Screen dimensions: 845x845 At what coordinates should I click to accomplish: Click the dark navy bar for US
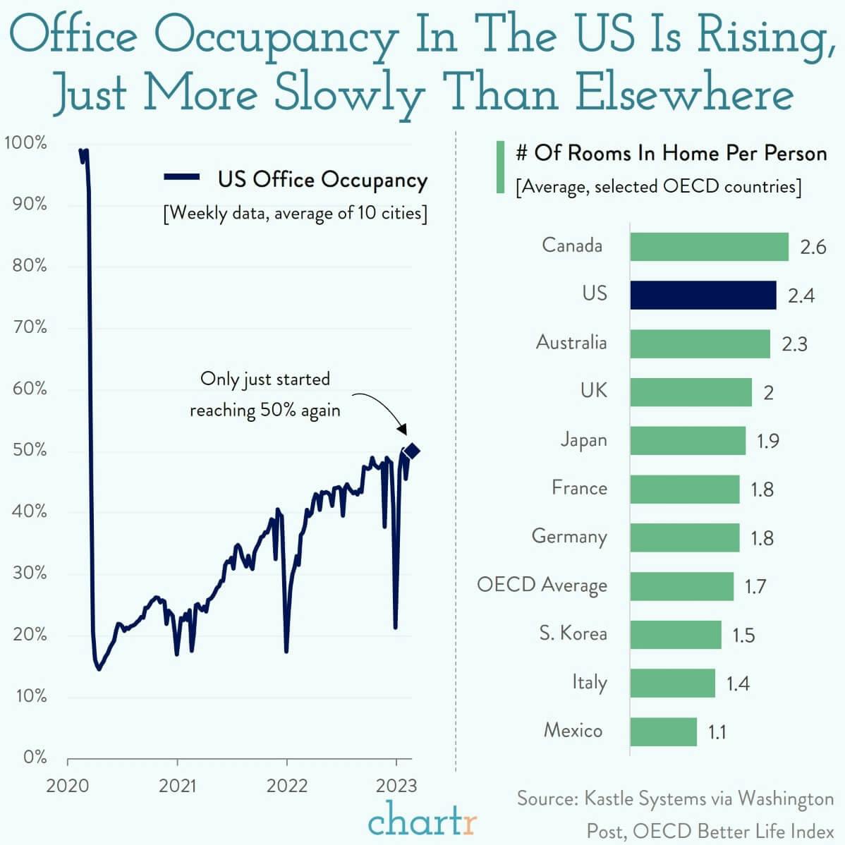(x=703, y=295)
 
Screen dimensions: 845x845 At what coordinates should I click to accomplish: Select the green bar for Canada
(x=709, y=247)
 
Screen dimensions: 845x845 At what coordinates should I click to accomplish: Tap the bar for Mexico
(x=663, y=731)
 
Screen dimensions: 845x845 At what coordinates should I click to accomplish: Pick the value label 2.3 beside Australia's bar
(x=794, y=344)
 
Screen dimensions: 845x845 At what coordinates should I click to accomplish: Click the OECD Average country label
(x=542, y=585)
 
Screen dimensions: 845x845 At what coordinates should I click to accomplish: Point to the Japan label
(x=583, y=440)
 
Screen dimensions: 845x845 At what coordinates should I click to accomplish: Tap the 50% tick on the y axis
(x=30, y=450)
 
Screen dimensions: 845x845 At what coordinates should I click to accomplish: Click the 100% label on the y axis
(x=26, y=143)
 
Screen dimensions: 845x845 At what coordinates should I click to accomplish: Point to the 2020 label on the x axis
(x=68, y=785)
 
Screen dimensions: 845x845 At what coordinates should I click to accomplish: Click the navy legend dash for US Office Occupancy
(x=182, y=178)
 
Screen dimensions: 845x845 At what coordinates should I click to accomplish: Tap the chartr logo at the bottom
(x=422, y=820)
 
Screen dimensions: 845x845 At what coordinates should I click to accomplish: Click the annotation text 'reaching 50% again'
(x=265, y=411)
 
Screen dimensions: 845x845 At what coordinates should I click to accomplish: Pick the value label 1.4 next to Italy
(x=738, y=683)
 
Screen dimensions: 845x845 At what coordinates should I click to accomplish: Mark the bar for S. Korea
(x=675, y=635)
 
